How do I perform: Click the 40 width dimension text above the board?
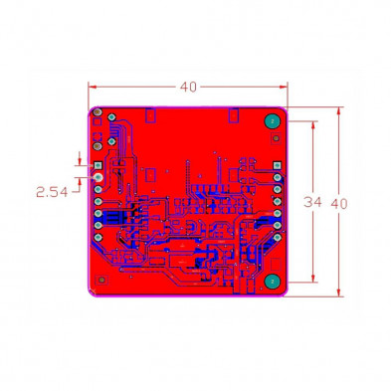[x=188, y=87]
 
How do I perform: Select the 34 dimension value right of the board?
[x=312, y=202]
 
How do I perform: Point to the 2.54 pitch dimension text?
[x=52, y=192]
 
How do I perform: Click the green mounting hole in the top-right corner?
[x=270, y=120]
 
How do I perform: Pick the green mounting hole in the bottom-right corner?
[x=271, y=282]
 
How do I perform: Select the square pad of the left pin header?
[x=98, y=164]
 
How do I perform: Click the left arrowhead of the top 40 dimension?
[x=94, y=87]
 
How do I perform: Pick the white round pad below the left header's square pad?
[x=98, y=177]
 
